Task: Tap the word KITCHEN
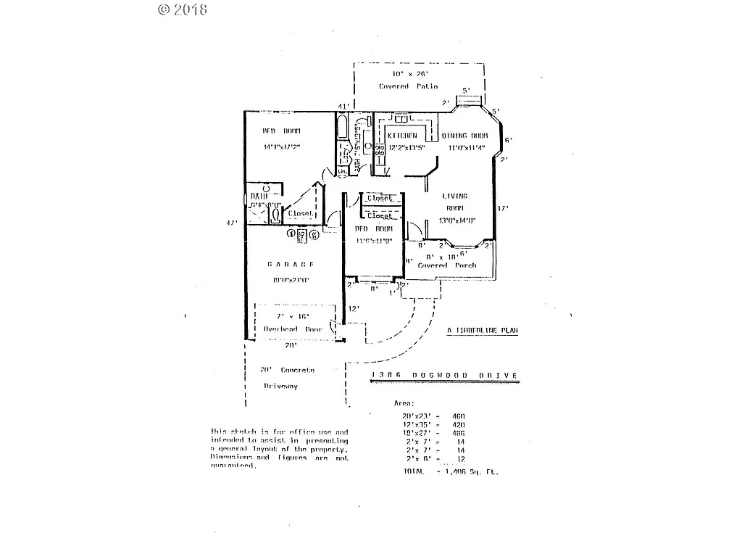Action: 402,136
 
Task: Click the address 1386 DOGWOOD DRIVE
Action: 444,375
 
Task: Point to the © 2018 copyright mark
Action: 182,9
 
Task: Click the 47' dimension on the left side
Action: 232,223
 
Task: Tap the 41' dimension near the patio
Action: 344,107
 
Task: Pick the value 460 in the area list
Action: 457,416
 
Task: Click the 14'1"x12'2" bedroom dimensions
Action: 282,147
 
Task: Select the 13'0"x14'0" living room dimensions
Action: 457,221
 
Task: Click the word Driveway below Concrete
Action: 280,387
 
